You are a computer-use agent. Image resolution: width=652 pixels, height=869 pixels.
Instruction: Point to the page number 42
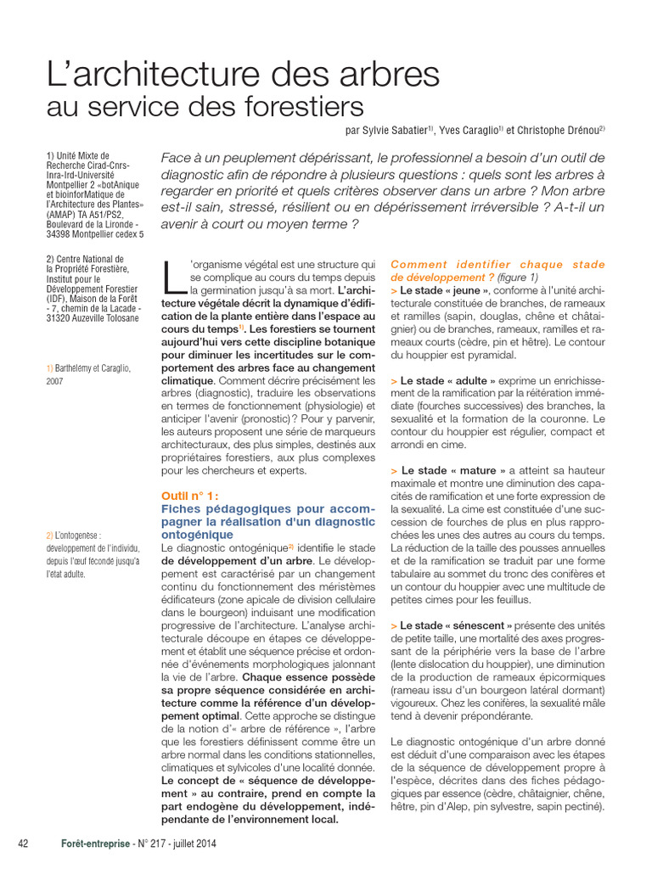click(24, 843)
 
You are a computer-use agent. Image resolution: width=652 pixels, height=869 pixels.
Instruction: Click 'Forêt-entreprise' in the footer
click(96, 843)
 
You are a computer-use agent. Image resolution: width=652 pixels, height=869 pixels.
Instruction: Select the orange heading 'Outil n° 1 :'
click(190, 496)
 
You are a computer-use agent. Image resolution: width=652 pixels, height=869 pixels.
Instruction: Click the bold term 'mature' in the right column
click(469, 470)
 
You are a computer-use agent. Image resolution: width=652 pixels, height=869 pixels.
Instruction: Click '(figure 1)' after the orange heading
click(518, 278)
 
